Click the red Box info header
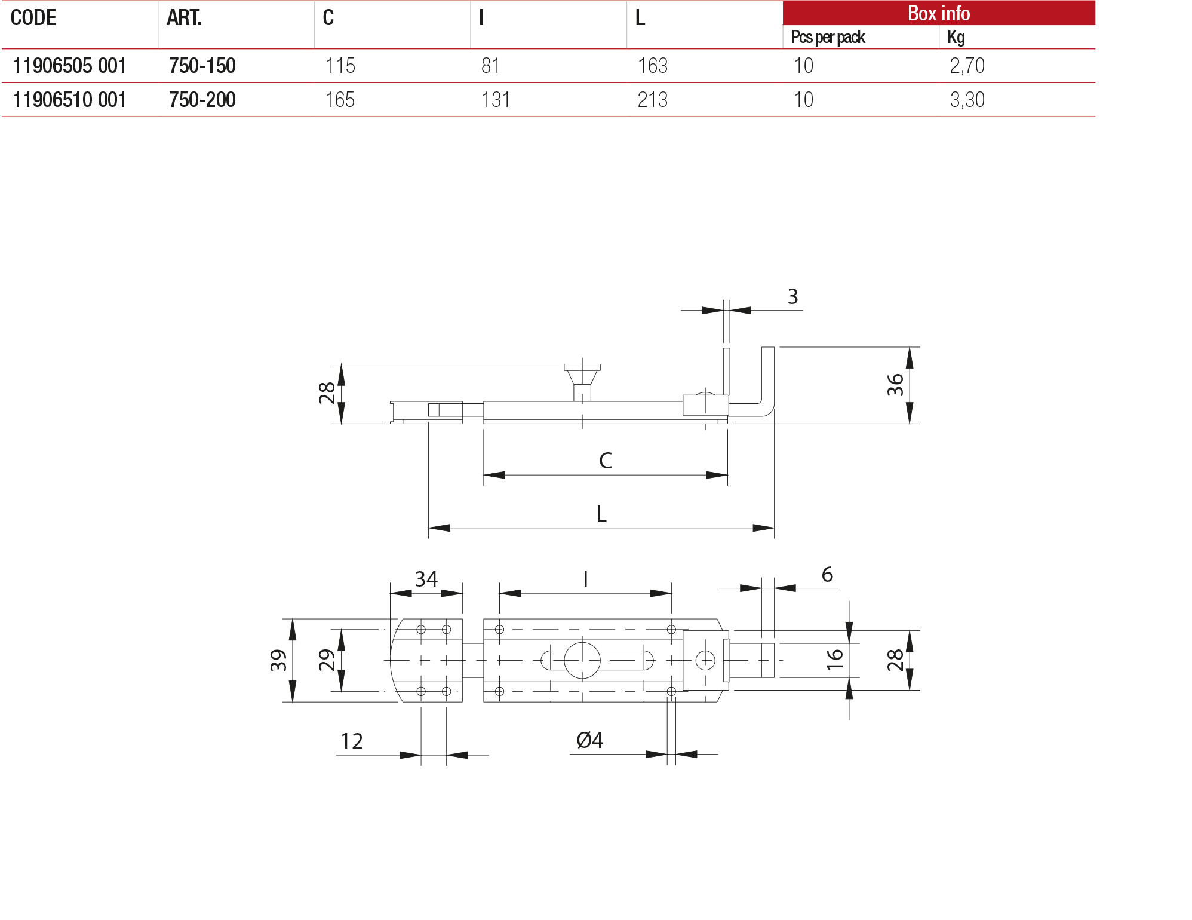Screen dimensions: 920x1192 938,13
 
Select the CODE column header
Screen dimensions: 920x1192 33,18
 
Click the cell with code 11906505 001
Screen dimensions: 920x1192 69,66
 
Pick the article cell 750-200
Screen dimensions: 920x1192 202,100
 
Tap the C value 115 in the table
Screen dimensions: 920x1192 340,66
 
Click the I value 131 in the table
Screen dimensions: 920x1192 496,100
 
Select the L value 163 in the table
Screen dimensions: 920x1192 652,66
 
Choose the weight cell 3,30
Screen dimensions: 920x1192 967,100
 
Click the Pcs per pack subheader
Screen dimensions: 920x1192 828,38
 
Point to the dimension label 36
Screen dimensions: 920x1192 895,385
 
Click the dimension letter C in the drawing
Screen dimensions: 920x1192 605,461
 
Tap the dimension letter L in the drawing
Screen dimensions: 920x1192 601,514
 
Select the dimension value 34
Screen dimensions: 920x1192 426,579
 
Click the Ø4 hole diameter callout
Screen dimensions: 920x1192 589,741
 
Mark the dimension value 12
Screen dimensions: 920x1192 352,741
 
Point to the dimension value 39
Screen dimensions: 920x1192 278,660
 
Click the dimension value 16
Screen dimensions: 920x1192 834,660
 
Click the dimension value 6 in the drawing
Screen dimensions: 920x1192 827,575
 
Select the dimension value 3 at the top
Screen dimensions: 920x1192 792,297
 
